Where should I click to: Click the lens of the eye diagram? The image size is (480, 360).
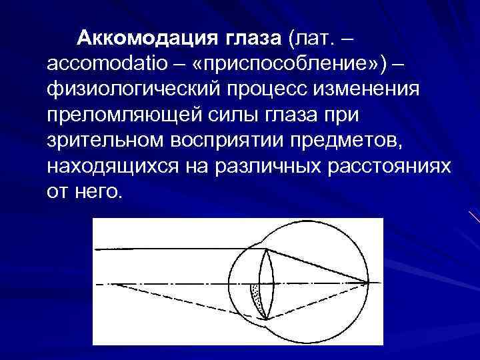pos(265,283)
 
